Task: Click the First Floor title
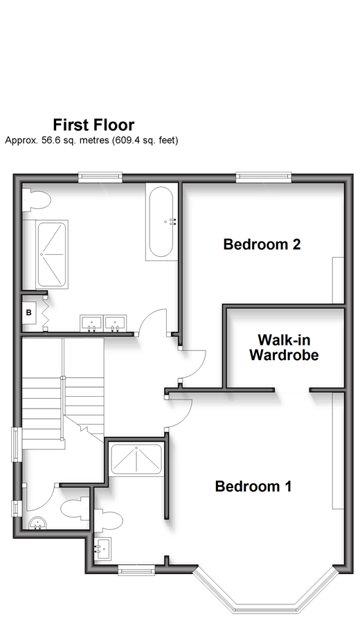93,125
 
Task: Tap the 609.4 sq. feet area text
145,140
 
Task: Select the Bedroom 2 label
262,244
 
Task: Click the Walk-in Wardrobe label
284,348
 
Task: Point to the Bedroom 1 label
253,486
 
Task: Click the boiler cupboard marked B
29,313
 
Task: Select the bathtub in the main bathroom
161,222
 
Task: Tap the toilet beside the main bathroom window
36,200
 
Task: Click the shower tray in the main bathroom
52,254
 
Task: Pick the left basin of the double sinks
91,323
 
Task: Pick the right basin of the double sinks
115,323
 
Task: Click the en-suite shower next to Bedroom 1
136,459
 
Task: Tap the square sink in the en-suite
102,548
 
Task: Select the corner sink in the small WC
38,523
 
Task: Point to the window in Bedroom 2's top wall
264,177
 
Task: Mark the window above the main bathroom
100,177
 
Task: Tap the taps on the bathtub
172,222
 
